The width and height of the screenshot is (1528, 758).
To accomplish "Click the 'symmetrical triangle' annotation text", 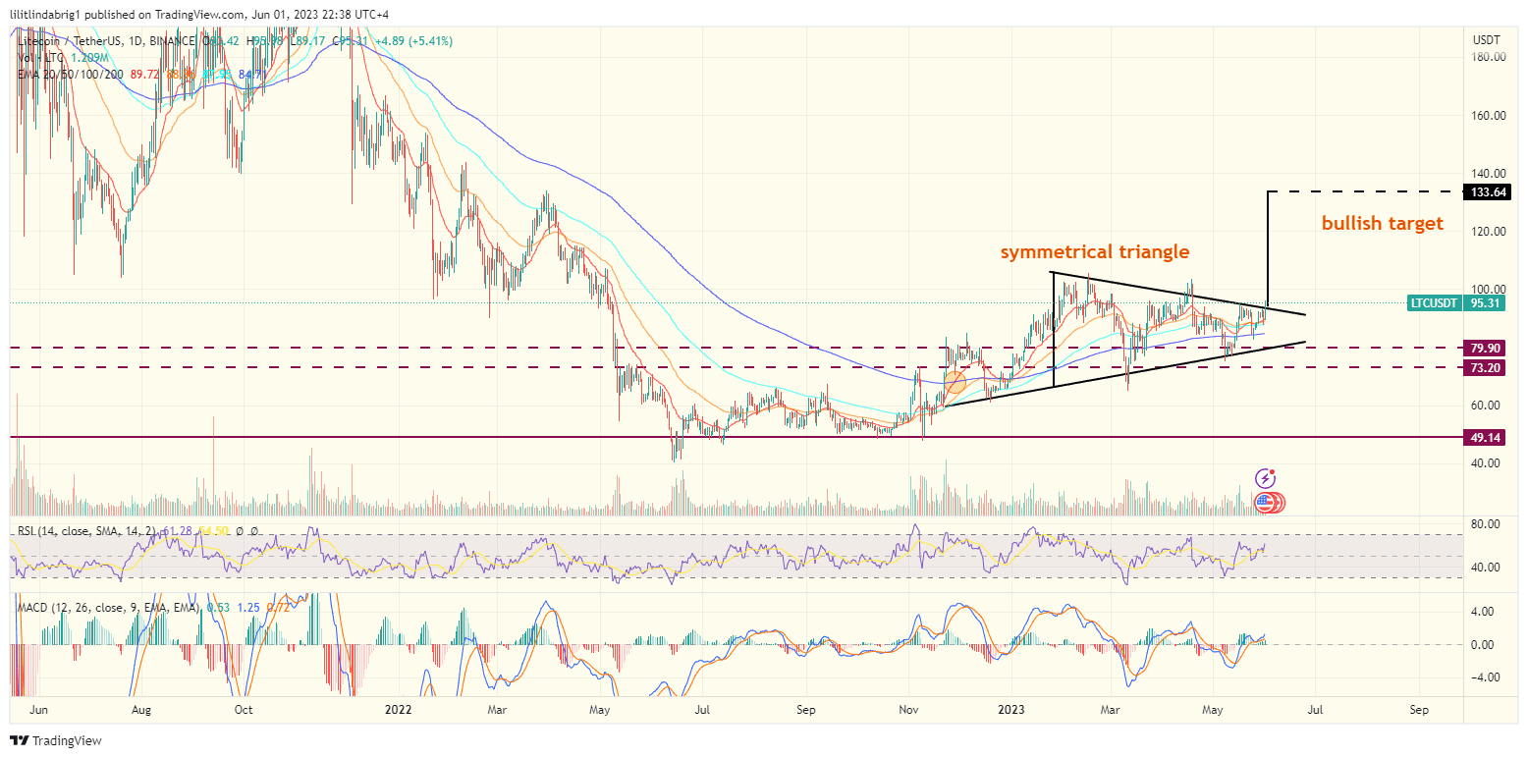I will (x=1095, y=252).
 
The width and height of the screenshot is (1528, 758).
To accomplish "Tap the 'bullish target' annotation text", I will (x=1382, y=224).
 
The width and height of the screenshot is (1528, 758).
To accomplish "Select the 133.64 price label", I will (x=1485, y=191).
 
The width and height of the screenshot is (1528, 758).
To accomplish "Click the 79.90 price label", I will (x=1485, y=348).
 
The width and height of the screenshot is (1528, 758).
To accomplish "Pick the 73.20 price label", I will (x=1485, y=367).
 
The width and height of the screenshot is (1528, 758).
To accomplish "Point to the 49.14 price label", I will (x=1485, y=437).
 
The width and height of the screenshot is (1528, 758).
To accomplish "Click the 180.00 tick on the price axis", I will (x=1489, y=58).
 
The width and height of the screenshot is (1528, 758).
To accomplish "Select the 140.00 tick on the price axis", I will (x=1489, y=174).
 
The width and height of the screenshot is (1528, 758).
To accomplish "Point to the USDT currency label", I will (x=1487, y=39).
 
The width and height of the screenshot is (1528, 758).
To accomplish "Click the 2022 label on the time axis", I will (x=398, y=709).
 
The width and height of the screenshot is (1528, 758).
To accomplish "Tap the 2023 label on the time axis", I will (x=1010, y=709).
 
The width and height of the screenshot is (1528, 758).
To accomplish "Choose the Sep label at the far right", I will (x=1418, y=709).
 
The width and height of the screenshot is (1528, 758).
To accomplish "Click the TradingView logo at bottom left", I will (x=56, y=740).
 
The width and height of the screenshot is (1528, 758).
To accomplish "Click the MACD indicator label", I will (x=34, y=609).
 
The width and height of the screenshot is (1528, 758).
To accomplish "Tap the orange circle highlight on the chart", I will (x=955, y=380).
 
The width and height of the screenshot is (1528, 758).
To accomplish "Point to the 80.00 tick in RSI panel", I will (x=1485, y=524).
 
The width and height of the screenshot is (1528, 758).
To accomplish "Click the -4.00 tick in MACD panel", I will (x=1485, y=677).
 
